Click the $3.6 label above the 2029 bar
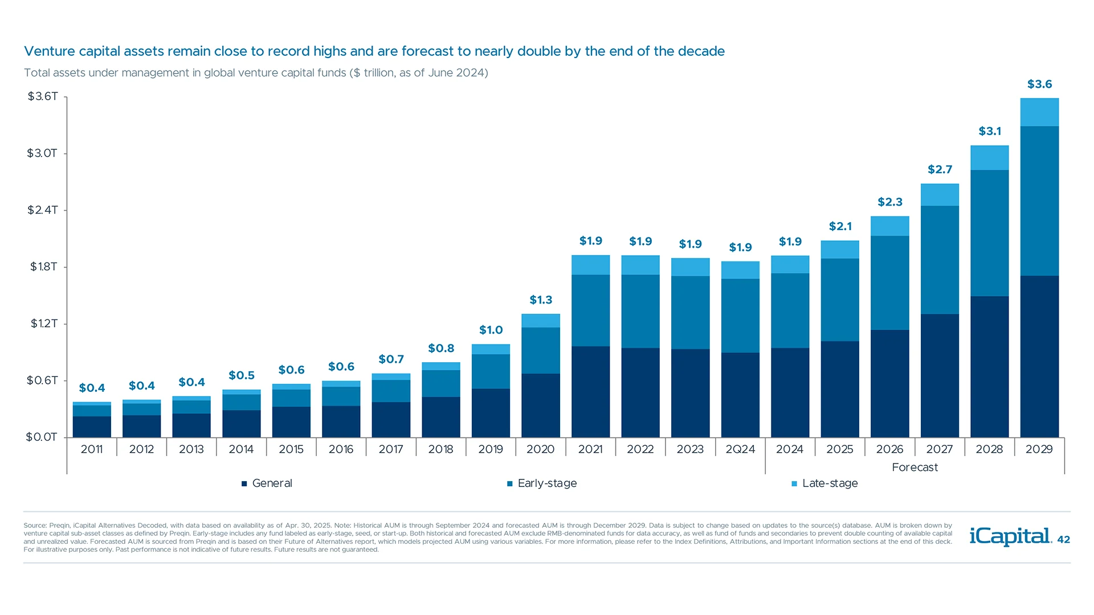point(1039,84)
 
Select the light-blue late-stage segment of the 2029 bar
point(1039,112)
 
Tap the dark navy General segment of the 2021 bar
point(590,392)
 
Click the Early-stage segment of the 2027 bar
point(940,260)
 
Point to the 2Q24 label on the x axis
point(740,449)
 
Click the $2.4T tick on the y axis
point(43,210)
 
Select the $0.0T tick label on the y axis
point(42,437)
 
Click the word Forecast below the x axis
point(915,468)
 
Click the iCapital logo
point(1010,536)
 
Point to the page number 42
point(1063,540)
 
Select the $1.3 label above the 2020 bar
point(541,300)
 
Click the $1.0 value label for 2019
point(491,330)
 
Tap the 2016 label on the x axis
point(341,449)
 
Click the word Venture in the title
point(49,51)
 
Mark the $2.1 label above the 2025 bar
point(840,227)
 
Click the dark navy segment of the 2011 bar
point(92,427)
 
